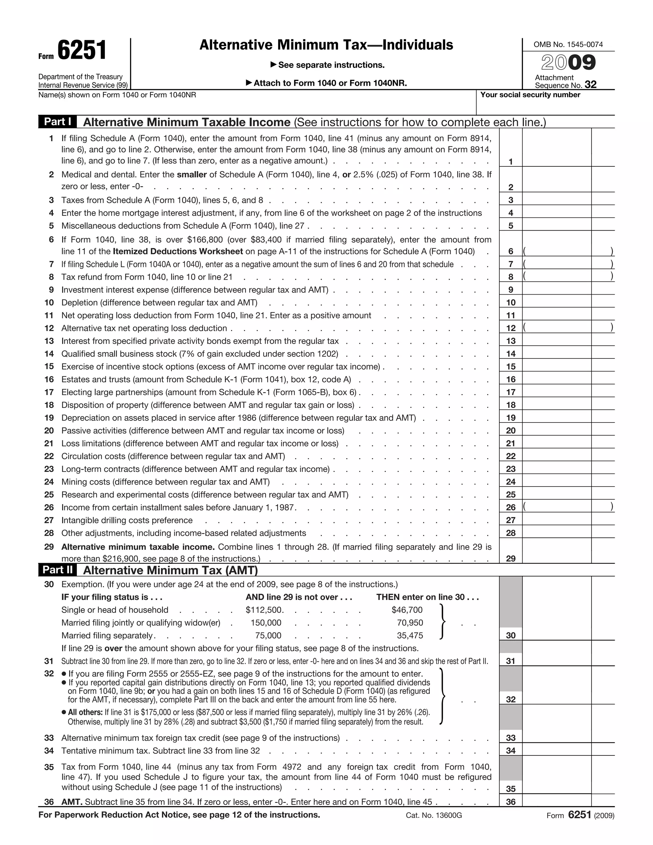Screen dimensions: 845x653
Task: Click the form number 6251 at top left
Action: pyautogui.click(x=82, y=51)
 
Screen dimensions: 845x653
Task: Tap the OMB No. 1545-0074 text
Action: pyautogui.click(x=568, y=45)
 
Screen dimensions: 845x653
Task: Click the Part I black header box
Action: pyautogui.click(x=57, y=122)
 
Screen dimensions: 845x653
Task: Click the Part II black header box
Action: pyautogui.click(x=57, y=569)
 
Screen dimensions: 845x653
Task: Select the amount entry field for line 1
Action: pyautogui.click(x=556, y=148)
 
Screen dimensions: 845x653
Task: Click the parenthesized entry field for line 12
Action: pyautogui.click(x=556, y=328)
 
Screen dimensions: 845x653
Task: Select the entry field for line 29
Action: pyautogui.click(x=556, y=551)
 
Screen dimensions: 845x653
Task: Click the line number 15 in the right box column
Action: pyautogui.click(x=511, y=366)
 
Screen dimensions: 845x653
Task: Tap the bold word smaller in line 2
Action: pyautogui.click(x=192, y=174)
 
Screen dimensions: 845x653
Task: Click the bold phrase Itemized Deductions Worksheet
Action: pyautogui.click(x=178, y=252)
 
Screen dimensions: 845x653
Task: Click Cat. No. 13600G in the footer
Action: pyautogui.click(x=434, y=816)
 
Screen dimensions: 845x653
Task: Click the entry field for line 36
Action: pyautogui.click(x=556, y=801)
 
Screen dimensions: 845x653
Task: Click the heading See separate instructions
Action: pyautogui.click(x=331, y=65)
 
